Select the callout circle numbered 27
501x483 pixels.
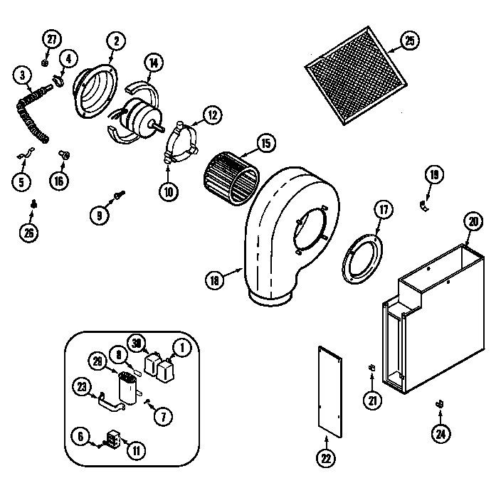click(x=51, y=39)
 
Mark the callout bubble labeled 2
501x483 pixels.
click(x=115, y=40)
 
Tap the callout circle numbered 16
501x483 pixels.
click(x=59, y=181)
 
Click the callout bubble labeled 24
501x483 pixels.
click(x=442, y=431)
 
